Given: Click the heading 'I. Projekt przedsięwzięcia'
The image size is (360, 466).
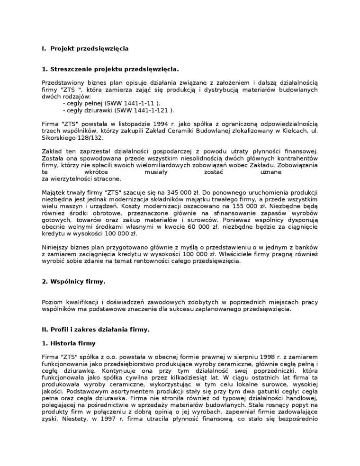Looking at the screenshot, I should pyautogui.click(x=85, y=48).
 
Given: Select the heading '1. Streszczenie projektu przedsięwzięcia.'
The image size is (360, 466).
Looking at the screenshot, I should pyautogui.click(x=110, y=69).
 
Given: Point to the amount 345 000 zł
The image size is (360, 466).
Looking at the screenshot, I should pyautogui.click(x=183, y=193).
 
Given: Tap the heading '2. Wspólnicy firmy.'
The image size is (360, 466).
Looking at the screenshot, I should pyautogui.click(x=73, y=282).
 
